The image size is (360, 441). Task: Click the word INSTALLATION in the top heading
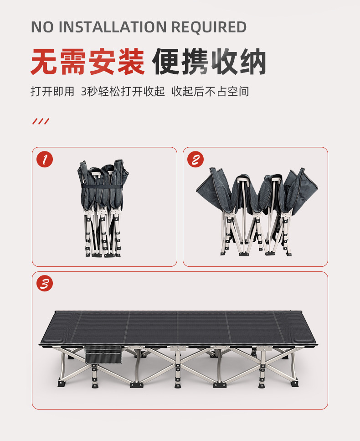113,27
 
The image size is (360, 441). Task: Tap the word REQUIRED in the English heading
209,27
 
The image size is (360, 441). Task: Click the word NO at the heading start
42,27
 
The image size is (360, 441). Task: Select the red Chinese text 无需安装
87,62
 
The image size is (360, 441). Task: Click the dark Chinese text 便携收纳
209,62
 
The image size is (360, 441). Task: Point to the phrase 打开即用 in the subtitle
52,92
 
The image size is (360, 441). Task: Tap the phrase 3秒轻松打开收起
123,92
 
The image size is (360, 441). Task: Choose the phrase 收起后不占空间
210,92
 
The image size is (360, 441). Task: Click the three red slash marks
41,121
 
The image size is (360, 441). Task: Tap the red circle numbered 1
45,159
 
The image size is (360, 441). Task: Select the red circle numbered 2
195,159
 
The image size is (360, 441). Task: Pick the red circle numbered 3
45,283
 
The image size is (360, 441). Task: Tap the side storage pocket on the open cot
103,355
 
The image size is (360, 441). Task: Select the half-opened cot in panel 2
257,212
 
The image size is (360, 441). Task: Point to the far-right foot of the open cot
294,384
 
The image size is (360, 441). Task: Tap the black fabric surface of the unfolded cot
178,327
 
